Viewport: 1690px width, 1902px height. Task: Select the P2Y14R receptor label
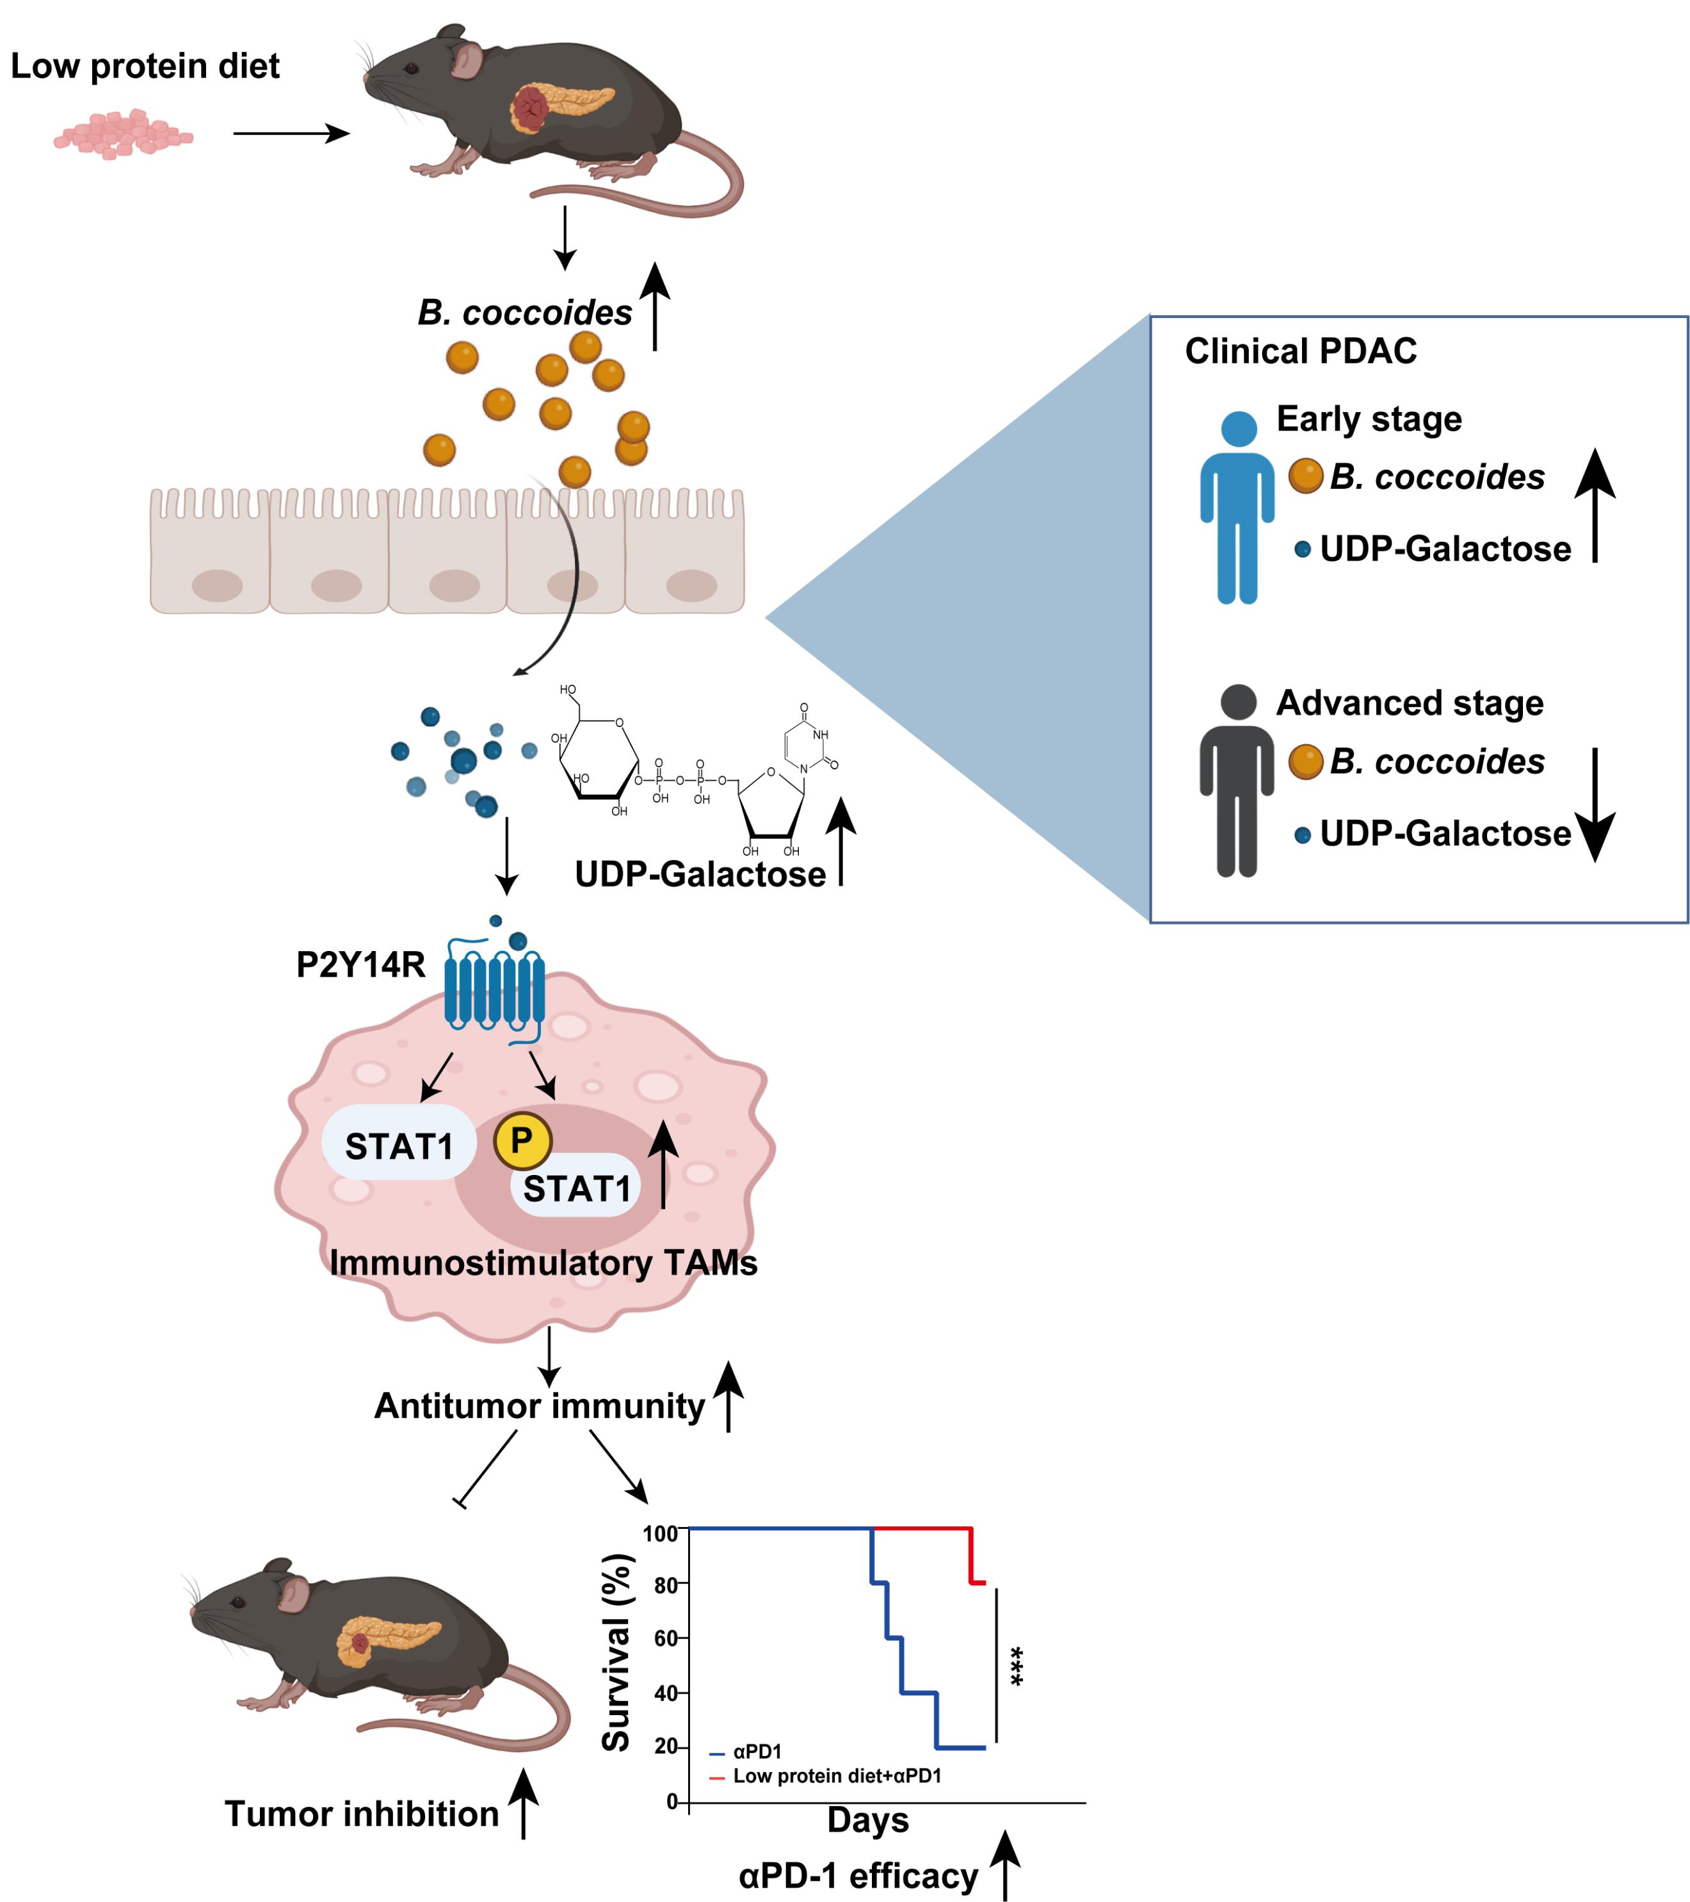[360, 965]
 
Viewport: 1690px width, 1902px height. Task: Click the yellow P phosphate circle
[522, 1141]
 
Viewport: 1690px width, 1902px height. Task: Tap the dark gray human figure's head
[1237, 701]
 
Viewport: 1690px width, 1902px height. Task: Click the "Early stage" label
[1369, 420]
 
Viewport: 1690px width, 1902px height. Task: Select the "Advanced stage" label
[1410, 703]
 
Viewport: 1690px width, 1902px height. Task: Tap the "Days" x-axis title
[867, 1819]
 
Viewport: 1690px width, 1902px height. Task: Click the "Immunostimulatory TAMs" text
[543, 1263]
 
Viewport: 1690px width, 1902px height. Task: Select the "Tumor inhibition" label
[362, 1814]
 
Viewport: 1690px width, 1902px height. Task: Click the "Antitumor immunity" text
[539, 1406]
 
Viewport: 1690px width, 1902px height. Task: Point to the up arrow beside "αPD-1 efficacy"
[1005, 1866]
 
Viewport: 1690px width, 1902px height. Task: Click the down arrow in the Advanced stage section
[1595, 805]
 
